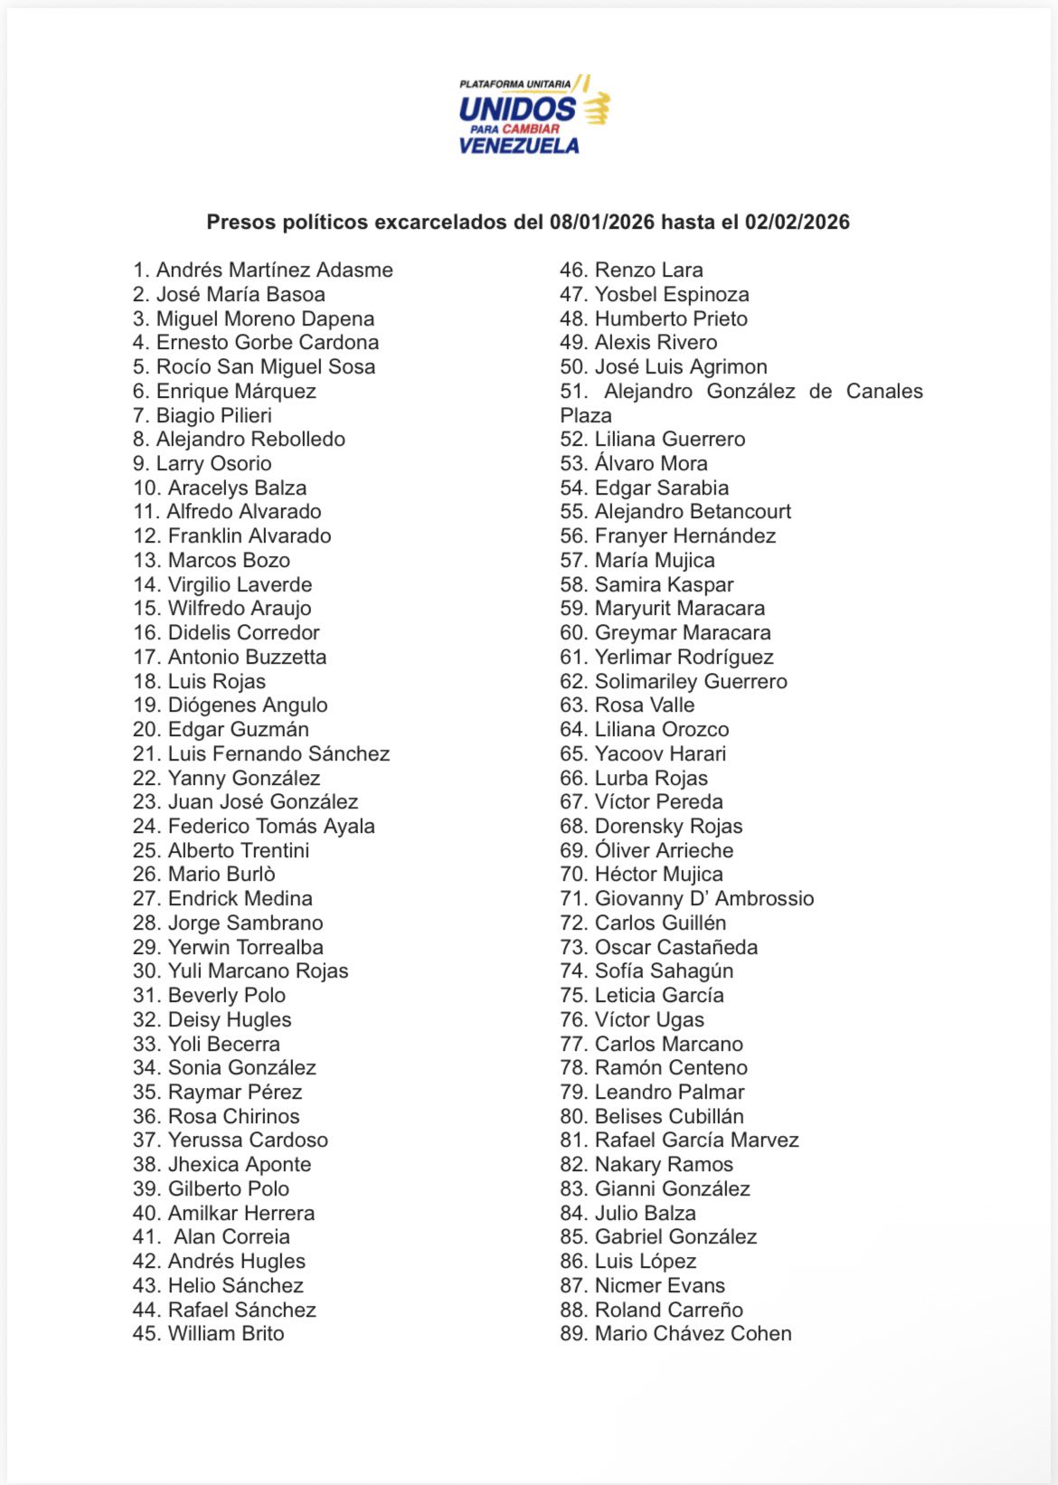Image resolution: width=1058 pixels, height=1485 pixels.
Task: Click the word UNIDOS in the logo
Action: click(x=516, y=109)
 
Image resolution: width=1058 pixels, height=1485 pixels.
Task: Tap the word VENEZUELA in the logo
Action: click(x=518, y=146)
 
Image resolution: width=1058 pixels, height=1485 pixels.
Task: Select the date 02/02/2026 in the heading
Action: click(x=797, y=222)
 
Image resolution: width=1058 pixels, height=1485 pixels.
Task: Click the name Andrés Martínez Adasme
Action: click(x=274, y=270)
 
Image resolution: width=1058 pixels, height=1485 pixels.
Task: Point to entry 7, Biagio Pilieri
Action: click(x=213, y=415)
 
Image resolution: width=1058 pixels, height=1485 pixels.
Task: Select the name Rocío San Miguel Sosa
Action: click(x=265, y=366)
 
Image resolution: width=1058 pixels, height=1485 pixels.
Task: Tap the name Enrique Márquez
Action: click(x=236, y=391)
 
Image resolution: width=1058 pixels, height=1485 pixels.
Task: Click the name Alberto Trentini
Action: click(x=239, y=850)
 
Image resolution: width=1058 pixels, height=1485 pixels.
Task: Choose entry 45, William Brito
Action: click(x=226, y=1333)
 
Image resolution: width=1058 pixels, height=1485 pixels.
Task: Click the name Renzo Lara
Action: click(x=648, y=270)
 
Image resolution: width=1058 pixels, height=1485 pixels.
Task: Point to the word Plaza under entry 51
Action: click(x=586, y=415)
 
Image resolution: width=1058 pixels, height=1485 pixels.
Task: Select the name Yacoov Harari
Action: click(x=660, y=753)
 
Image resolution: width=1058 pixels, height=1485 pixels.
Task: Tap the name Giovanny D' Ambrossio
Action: click(x=704, y=898)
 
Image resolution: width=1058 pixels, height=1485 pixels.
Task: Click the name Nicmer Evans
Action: click(x=659, y=1285)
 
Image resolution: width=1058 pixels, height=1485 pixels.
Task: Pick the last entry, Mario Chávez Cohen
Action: click(x=693, y=1333)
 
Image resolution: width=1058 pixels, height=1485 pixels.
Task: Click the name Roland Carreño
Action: click(x=668, y=1310)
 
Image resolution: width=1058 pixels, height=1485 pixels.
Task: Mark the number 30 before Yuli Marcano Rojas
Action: click(x=146, y=971)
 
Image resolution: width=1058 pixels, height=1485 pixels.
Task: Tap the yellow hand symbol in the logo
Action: click(x=596, y=109)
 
